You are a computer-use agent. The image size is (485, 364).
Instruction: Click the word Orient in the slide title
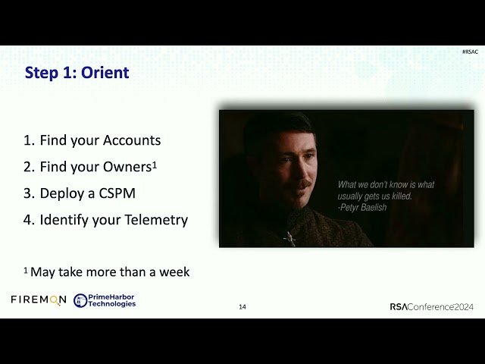[x=104, y=73]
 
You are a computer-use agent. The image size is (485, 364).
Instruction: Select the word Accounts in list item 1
[x=132, y=140]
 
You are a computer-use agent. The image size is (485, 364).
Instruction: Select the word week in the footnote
[x=174, y=271]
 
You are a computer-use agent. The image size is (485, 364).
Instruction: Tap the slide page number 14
[x=242, y=307]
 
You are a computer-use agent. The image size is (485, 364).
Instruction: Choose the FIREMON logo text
[x=39, y=300]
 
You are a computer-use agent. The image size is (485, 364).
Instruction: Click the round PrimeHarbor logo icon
[x=80, y=300]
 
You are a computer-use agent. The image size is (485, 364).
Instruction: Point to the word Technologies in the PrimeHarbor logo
[x=111, y=304]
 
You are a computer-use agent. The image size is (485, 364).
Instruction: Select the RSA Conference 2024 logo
[x=431, y=306]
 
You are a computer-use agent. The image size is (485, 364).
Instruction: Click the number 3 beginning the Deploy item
[x=27, y=193]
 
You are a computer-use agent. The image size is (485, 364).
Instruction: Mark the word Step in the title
[x=42, y=73]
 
